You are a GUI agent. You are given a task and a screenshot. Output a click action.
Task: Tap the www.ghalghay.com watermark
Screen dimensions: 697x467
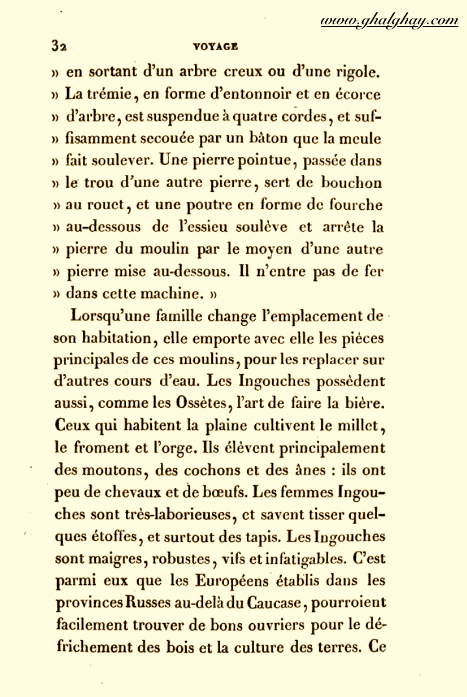coord(389,21)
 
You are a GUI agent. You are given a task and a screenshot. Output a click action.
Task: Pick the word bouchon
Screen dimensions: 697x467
coord(356,183)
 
